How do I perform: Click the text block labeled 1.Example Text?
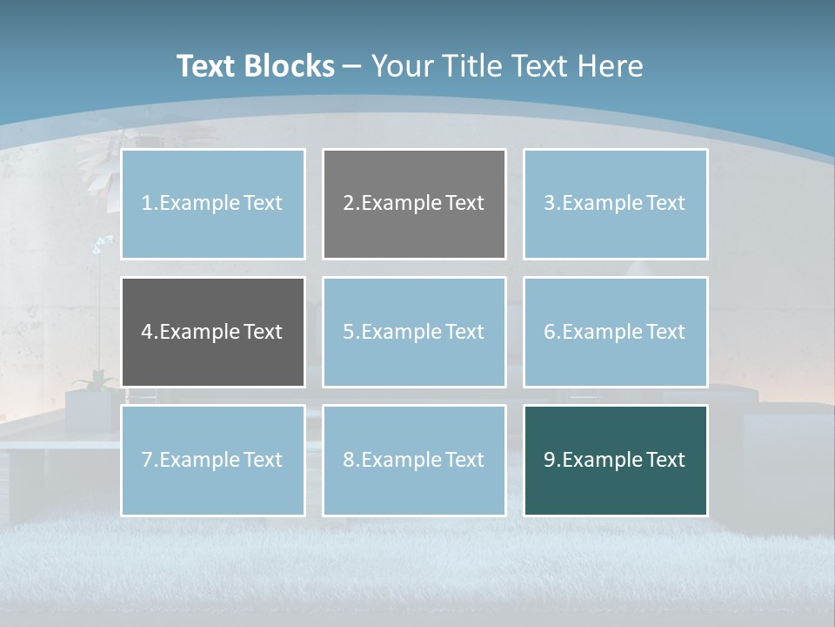click(213, 204)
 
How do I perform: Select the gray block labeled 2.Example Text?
click(414, 204)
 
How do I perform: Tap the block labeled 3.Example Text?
click(615, 204)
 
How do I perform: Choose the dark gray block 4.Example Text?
click(213, 332)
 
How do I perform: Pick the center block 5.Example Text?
click(414, 332)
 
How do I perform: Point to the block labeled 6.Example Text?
click(615, 332)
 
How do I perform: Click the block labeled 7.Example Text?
click(213, 460)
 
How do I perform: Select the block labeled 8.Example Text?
click(414, 460)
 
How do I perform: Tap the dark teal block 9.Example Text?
click(615, 460)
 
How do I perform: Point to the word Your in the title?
click(403, 66)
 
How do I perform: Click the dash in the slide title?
click(352, 66)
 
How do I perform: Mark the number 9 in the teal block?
click(550, 460)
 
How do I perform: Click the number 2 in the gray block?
click(348, 204)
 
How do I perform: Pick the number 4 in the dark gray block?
click(147, 332)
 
